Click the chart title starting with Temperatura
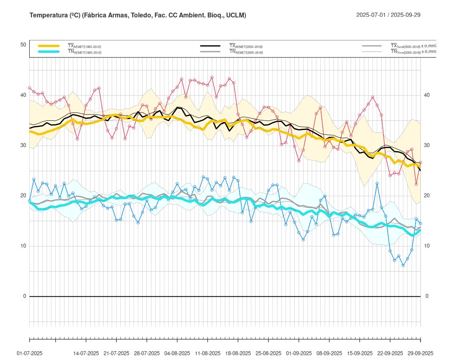pyautogui.click(x=138, y=15)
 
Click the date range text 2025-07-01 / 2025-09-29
pyautogui.click(x=388, y=15)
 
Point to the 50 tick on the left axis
pyautogui.click(x=23, y=45)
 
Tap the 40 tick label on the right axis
pyautogui.click(x=427, y=95)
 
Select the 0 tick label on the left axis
pyautogui.click(x=24, y=296)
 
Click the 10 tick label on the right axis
pyautogui.click(x=427, y=246)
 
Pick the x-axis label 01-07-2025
pyautogui.click(x=30, y=354)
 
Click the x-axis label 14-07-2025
pyautogui.click(x=86, y=354)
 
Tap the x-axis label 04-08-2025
pyautogui.click(x=177, y=354)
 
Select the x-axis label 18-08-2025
pyautogui.click(x=238, y=354)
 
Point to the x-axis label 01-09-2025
pyautogui.click(x=299, y=354)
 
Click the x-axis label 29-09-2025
pyautogui.click(x=420, y=354)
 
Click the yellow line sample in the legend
pyautogui.click(x=48, y=46)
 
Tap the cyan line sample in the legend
pyautogui.click(x=48, y=52)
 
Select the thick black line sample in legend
pyautogui.click(x=210, y=46)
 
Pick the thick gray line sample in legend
pyautogui.click(x=210, y=52)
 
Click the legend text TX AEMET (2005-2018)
pyautogui.click(x=245, y=46)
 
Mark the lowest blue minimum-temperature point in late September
pyautogui.click(x=403, y=265)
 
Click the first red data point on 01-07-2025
pyautogui.click(x=30, y=88)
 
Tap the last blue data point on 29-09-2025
pyautogui.click(x=420, y=224)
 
